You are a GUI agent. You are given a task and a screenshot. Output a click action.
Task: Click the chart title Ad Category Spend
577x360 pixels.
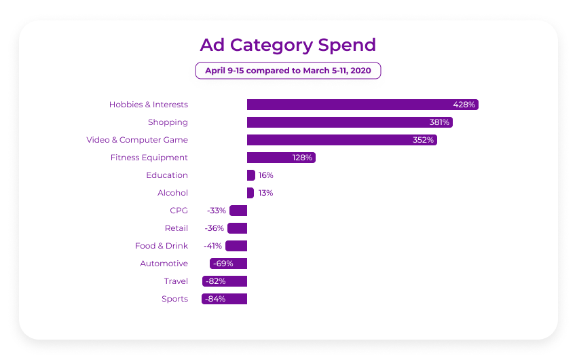288,45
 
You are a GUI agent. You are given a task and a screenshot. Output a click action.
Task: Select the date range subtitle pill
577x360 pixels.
288,71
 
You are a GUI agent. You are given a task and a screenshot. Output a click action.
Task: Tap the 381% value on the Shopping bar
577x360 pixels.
439,122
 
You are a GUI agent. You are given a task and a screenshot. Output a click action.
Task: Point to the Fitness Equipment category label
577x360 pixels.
149,158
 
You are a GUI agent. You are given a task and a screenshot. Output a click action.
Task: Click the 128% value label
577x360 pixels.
302,158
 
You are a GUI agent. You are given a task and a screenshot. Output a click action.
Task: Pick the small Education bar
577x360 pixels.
250,175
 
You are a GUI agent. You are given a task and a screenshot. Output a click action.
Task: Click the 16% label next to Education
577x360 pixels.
265,175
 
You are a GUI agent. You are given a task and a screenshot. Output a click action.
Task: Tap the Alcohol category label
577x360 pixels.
172,193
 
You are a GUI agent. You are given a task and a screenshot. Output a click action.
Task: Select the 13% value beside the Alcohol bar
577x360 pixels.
265,193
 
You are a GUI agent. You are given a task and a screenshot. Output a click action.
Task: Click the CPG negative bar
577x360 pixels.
238,211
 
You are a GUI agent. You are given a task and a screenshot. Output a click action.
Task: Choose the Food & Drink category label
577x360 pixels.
162,246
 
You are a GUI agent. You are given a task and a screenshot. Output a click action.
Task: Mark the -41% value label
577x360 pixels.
212,246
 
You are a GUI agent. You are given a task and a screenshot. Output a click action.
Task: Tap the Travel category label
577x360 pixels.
176,281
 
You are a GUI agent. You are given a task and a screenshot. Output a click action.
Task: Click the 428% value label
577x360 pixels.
465,105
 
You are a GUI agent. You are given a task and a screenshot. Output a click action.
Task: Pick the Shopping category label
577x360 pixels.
168,122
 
